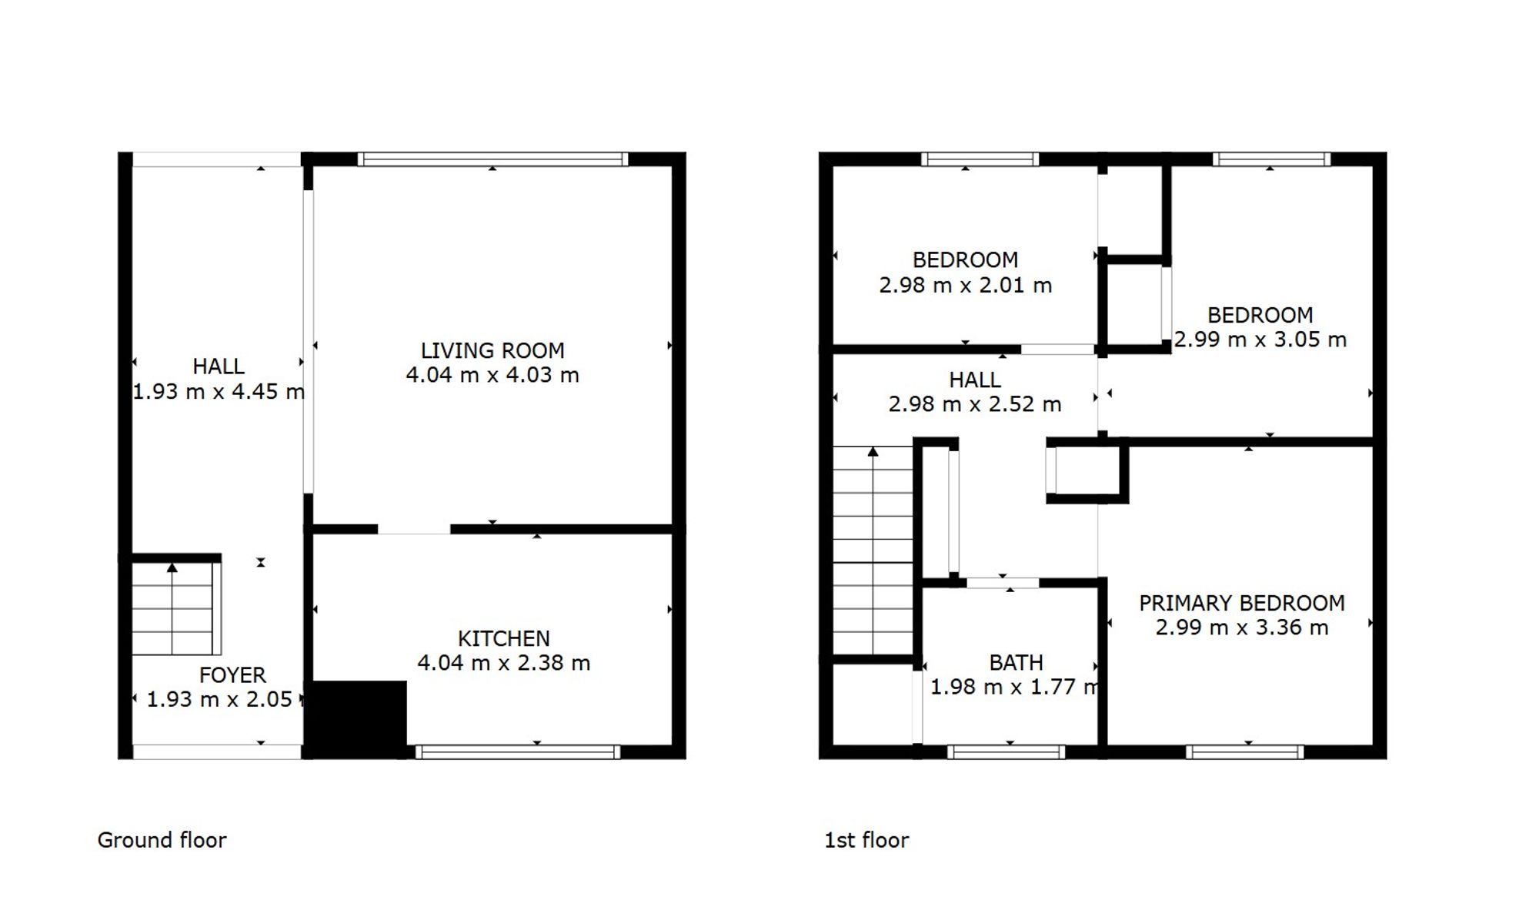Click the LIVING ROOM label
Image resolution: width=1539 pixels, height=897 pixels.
tap(492, 351)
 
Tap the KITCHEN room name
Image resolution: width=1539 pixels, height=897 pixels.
tap(504, 639)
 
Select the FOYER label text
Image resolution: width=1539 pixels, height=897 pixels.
tap(232, 675)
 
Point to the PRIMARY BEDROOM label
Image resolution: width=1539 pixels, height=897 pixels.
tap(1242, 603)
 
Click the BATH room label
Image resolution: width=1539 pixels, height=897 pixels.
tap(1017, 662)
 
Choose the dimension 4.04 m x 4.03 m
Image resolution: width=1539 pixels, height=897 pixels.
tap(492, 376)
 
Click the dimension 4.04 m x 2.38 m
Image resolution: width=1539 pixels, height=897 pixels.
tap(504, 663)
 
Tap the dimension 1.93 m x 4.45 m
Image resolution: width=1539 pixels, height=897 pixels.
tap(219, 392)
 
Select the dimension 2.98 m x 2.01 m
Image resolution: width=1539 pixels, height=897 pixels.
tap(966, 286)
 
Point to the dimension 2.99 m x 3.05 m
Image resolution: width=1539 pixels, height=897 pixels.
tap(1260, 340)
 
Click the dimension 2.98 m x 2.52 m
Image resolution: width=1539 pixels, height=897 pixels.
tap(975, 404)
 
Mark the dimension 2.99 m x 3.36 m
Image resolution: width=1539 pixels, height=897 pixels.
tap(1242, 628)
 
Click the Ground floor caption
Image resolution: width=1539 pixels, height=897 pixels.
tap(162, 840)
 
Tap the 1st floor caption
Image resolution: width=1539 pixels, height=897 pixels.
tap(866, 840)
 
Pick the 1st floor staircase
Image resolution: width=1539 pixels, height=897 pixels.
tap(873, 550)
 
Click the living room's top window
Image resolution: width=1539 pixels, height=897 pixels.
tap(492, 159)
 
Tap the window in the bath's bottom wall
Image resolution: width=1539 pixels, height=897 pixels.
tap(1007, 752)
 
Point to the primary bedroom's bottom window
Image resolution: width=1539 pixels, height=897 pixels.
tap(1245, 752)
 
